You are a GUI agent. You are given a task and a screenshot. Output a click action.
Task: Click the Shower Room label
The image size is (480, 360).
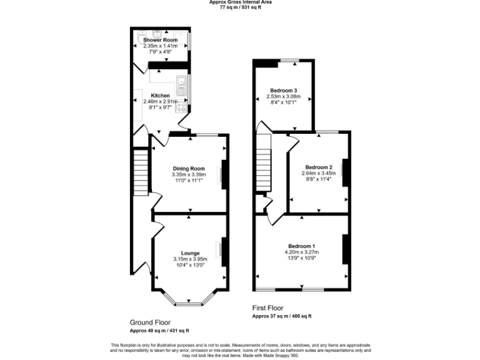click(160, 40)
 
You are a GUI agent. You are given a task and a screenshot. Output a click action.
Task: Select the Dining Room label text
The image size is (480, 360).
click(189, 168)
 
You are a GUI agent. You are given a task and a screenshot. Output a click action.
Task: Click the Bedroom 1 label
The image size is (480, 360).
click(301, 246)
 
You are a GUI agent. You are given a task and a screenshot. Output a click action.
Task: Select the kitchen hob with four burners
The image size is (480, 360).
click(182, 108)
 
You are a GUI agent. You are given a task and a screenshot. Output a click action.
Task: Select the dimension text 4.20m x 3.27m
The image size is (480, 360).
click(301, 252)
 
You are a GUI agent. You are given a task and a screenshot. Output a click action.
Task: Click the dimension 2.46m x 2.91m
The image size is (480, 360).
click(161, 102)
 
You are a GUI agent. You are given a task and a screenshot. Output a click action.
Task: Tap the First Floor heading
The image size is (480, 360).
click(268, 308)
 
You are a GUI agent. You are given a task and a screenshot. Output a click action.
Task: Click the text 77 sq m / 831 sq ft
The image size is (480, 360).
click(241, 7)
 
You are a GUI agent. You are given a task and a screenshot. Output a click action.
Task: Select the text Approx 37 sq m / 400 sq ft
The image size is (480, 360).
click(281, 317)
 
